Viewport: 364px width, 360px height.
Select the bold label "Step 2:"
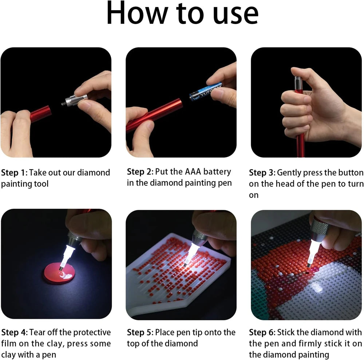[x=140, y=172]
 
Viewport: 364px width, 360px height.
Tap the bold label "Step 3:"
[x=262, y=172]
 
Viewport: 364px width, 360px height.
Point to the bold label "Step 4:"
[x=14, y=332]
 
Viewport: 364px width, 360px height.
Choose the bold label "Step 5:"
[x=140, y=332]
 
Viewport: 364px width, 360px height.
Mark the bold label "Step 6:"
[x=262, y=332]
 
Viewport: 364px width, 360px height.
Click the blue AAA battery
[x=205, y=90]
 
